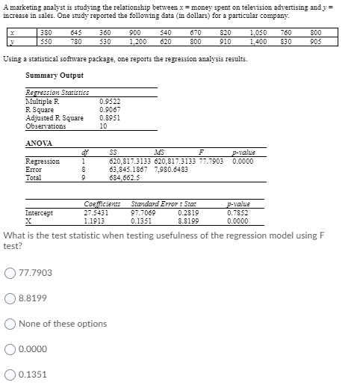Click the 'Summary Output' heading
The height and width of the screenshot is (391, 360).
click(x=54, y=76)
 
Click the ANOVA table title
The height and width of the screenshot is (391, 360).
click(x=39, y=143)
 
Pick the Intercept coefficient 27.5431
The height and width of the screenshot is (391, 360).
click(x=96, y=212)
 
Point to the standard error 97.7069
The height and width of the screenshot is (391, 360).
click(x=144, y=212)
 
